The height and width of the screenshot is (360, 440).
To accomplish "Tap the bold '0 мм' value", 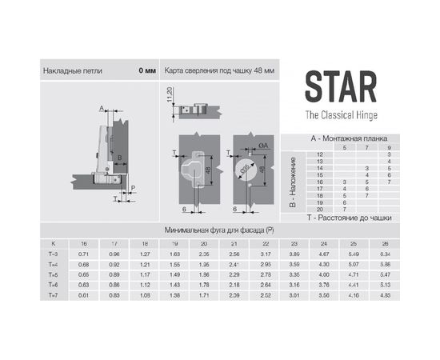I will click(x=146, y=70).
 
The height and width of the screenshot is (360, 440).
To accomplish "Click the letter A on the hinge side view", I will click(x=102, y=107).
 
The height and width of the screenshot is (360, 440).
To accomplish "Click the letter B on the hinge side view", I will click(x=118, y=158).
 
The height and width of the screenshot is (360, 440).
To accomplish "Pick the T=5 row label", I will click(x=54, y=273).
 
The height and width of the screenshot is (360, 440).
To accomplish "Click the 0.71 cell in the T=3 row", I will click(x=82, y=253).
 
